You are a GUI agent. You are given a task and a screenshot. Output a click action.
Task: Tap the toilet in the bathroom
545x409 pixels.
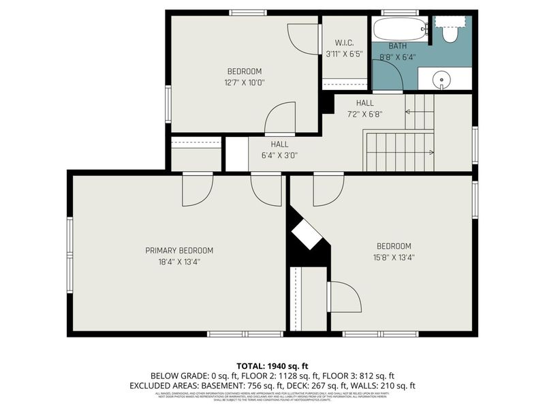pos(450,33)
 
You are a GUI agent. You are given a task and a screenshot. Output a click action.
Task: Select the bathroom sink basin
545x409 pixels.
pos(443,80)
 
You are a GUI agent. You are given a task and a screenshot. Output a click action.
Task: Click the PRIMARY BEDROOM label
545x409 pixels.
pos(179,250)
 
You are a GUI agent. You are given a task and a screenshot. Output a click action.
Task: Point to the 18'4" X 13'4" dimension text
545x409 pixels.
pos(179,261)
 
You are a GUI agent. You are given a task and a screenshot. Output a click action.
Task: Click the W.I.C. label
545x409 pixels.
pos(344,42)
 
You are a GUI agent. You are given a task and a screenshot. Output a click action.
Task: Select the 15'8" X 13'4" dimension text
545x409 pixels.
pos(394,257)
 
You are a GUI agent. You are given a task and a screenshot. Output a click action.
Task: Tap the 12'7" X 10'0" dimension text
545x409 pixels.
pos(245,82)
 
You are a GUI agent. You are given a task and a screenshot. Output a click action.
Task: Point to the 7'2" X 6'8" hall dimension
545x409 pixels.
pos(364,114)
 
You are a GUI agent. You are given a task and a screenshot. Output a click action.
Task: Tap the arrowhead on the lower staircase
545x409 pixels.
pos(431,152)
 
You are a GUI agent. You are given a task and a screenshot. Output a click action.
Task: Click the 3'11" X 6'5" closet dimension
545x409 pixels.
pos(344,53)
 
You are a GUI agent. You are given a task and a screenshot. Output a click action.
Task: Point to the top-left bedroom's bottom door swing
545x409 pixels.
pos(279,118)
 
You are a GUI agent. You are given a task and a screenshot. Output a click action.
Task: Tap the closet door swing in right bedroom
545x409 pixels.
pos(344,297)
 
